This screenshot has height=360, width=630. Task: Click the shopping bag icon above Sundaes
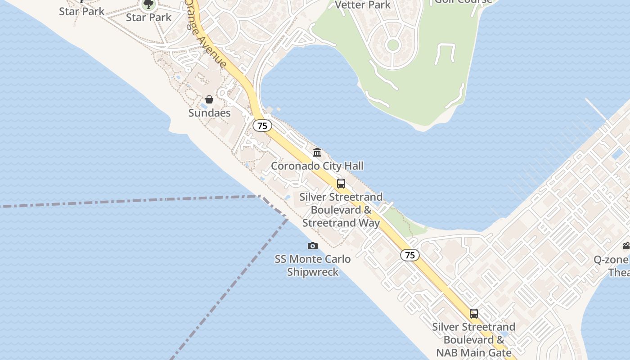pyautogui.click(x=209, y=99)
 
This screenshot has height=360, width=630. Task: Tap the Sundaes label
pyautogui.click(x=209, y=113)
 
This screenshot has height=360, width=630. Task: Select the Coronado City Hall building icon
pyautogui.click(x=317, y=153)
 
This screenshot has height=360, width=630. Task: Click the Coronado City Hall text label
pyautogui.click(x=317, y=166)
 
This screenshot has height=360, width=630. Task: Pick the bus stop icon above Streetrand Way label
pyautogui.click(x=341, y=184)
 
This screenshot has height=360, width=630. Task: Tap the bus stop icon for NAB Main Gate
pyautogui.click(x=474, y=314)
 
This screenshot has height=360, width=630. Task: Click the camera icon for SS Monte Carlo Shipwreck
pyautogui.click(x=313, y=246)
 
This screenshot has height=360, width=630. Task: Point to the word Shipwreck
pyautogui.click(x=313, y=272)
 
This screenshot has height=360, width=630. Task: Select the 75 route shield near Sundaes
pyautogui.click(x=262, y=126)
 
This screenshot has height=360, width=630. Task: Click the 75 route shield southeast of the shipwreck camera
pyautogui.click(x=410, y=255)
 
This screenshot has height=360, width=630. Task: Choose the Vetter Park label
pyautogui.click(x=363, y=5)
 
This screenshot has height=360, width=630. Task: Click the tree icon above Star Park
pyautogui.click(x=148, y=5)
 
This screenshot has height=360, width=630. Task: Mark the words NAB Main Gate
pyautogui.click(x=474, y=352)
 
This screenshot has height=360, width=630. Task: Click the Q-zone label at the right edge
pyautogui.click(x=611, y=260)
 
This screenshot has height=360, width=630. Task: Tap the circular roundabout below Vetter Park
pyautogui.click(x=393, y=45)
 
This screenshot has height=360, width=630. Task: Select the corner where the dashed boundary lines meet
pyautogui.click(x=261, y=196)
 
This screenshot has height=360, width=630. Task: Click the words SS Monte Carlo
pyautogui.click(x=313, y=259)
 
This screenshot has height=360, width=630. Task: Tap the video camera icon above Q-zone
pyautogui.click(x=626, y=246)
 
